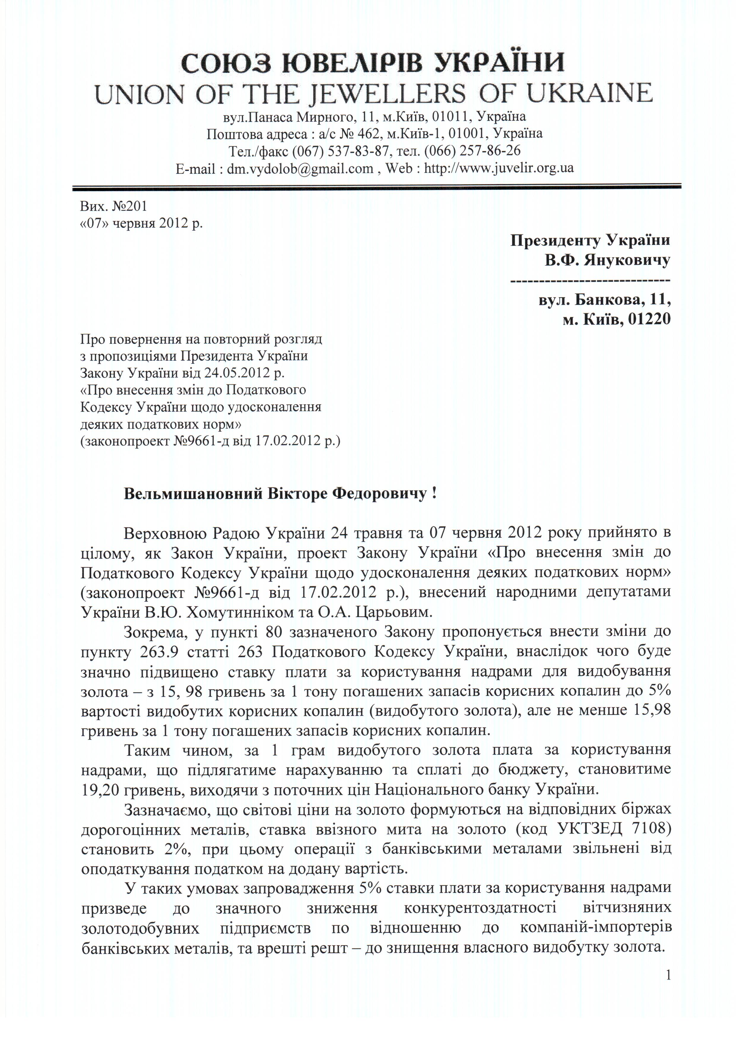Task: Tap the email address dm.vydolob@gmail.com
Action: (300, 168)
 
